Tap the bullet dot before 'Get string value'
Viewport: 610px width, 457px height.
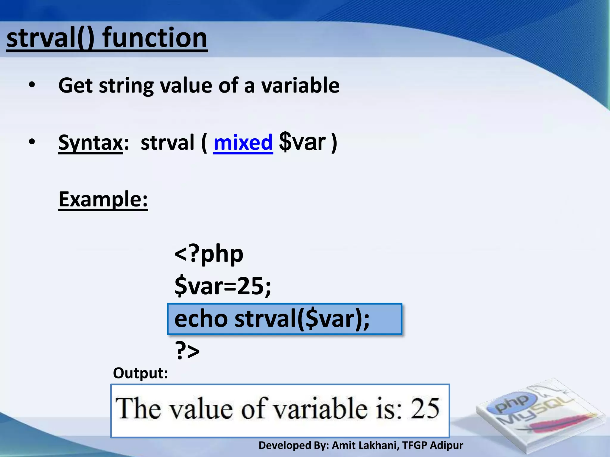32,86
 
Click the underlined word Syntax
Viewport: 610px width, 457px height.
91,143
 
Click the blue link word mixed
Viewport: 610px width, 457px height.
243,143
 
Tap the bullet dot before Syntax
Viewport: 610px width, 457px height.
32,142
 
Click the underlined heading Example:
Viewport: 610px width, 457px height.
103,199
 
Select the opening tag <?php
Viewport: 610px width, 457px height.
209,254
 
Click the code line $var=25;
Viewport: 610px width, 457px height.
223,286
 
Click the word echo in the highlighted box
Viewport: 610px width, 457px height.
201,319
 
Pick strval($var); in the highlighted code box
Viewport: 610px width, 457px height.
302,319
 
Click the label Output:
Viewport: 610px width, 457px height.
140,373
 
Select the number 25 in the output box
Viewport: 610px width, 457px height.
425,409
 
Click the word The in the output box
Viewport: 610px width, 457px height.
138,409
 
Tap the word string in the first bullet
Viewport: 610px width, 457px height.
126,86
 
